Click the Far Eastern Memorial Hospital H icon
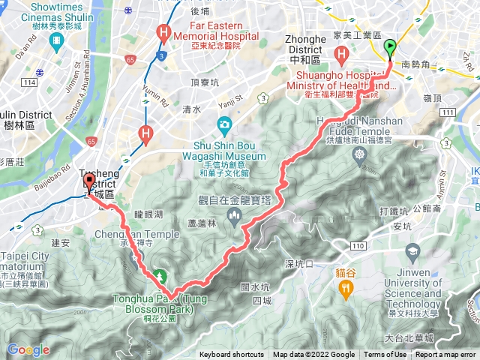(162, 32)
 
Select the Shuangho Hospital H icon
(343, 54)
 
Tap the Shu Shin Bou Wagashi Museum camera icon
(223, 124)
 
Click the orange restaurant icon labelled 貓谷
(345, 286)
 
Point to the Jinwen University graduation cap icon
(412, 250)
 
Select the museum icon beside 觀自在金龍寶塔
(235, 218)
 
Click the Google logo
(28, 349)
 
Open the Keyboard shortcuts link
(232, 355)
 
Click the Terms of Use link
(385, 355)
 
